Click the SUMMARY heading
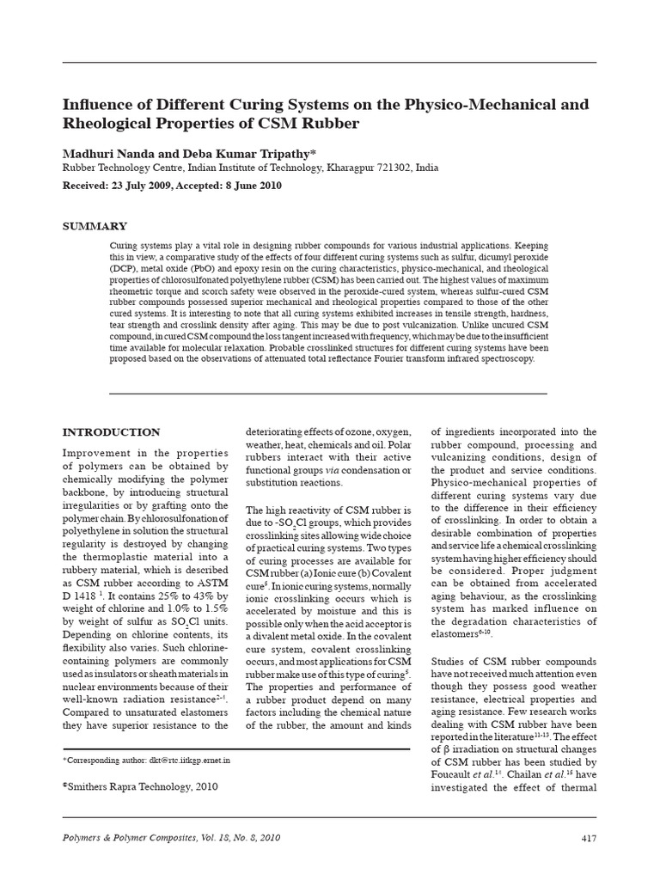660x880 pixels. pos(95,226)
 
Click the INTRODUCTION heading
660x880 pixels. pos(112,431)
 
